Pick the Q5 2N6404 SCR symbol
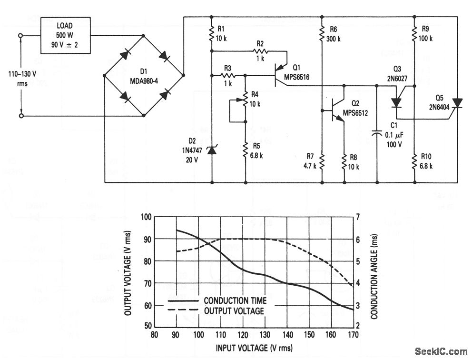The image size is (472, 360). pyautogui.click(x=457, y=103)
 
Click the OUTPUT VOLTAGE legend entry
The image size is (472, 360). pyautogui.click(x=233, y=311)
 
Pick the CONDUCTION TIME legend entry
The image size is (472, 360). pyautogui.click(x=235, y=301)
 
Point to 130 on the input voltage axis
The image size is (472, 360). pyautogui.click(x=265, y=334)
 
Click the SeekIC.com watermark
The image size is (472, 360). pyautogui.click(x=441, y=351)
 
